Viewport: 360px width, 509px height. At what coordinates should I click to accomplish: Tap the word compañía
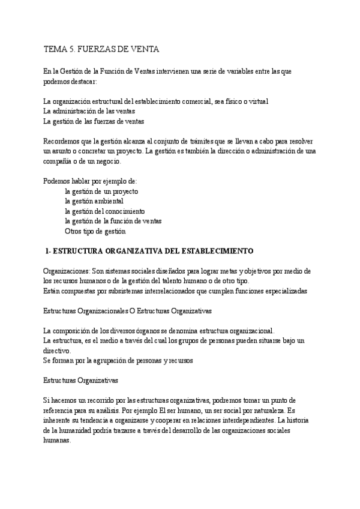coord(58,161)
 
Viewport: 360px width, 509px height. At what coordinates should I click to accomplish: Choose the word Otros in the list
coord(74,230)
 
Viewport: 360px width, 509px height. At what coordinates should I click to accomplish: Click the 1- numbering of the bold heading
coord(49,250)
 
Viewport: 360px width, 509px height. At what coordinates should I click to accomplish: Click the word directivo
coord(56,351)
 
